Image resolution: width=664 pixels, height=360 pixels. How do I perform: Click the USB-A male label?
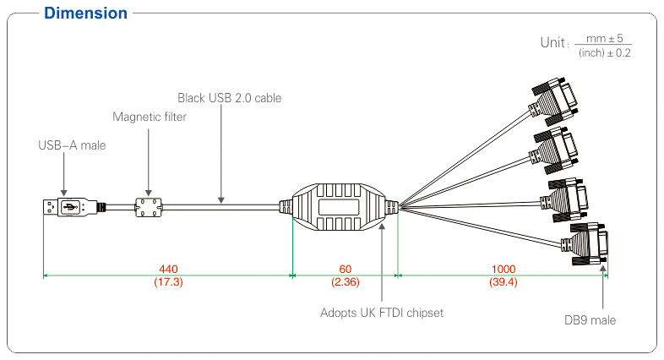click(x=73, y=145)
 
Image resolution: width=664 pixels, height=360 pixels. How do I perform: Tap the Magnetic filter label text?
click(x=150, y=117)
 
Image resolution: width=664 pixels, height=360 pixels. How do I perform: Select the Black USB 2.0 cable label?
click(x=229, y=98)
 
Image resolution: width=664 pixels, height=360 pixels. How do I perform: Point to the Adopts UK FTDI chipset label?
click(x=382, y=313)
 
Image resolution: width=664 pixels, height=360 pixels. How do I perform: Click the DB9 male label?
click(x=590, y=320)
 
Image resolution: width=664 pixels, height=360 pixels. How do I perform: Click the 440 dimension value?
click(x=168, y=269)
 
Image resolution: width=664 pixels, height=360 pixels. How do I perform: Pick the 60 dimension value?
click(x=345, y=269)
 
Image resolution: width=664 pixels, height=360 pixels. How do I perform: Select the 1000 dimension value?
click(x=503, y=269)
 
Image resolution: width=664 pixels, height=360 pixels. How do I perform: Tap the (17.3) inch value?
click(x=168, y=281)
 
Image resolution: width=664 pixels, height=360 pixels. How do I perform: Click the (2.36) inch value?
click(x=345, y=281)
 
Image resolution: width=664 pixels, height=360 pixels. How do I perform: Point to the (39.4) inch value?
click(x=503, y=281)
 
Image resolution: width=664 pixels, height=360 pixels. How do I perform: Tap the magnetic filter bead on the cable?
click(x=150, y=205)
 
